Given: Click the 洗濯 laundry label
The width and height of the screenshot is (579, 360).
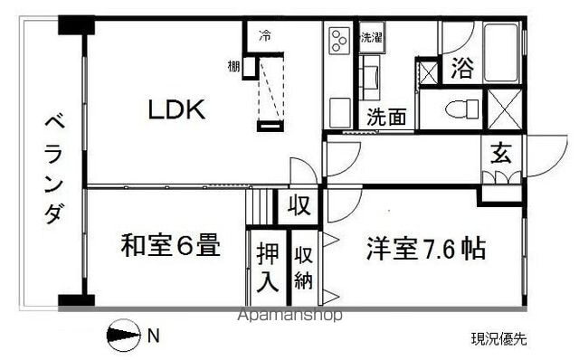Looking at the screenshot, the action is coord(372,38).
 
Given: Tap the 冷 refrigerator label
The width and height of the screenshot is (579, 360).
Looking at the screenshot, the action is coord(264,37).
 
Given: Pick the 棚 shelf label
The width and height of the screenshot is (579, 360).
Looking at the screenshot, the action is coord(233,67).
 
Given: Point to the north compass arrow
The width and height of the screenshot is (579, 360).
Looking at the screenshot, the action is coord(124,337).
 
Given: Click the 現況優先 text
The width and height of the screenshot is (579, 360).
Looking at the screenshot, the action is coord(498,339).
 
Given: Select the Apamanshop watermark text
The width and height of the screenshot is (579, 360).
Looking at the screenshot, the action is coord(288,317).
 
